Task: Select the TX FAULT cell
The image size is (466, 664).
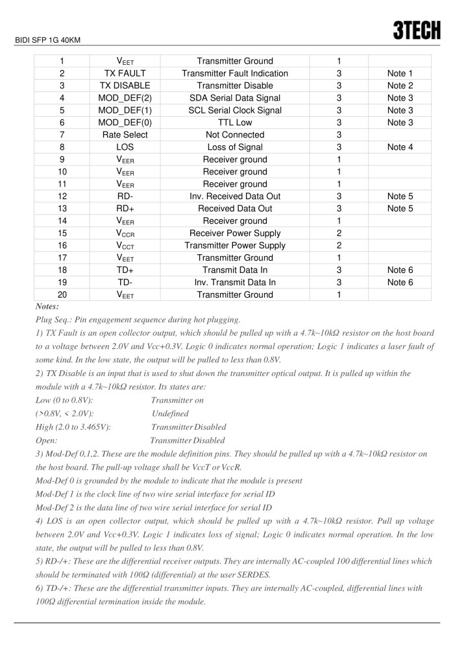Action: (x=125, y=73)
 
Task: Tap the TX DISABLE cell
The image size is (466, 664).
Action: (x=125, y=86)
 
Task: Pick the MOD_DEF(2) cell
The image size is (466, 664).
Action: (x=125, y=98)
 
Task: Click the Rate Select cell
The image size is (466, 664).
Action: (x=125, y=135)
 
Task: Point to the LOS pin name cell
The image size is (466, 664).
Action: (x=125, y=147)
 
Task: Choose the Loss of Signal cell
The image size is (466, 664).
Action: (x=234, y=147)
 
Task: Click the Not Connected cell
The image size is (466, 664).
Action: (x=234, y=135)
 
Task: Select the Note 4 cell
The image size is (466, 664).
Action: (x=400, y=147)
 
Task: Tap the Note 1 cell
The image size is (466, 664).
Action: (x=400, y=73)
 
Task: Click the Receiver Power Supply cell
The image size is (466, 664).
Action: (x=234, y=233)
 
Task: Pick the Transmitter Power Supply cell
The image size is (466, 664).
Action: (x=234, y=246)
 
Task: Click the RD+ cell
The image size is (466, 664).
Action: (x=125, y=209)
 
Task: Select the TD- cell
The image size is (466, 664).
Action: (x=125, y=282)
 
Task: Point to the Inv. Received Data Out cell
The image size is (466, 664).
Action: (x=234, y=196)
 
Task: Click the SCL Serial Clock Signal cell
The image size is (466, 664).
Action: (x=234, y=110)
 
